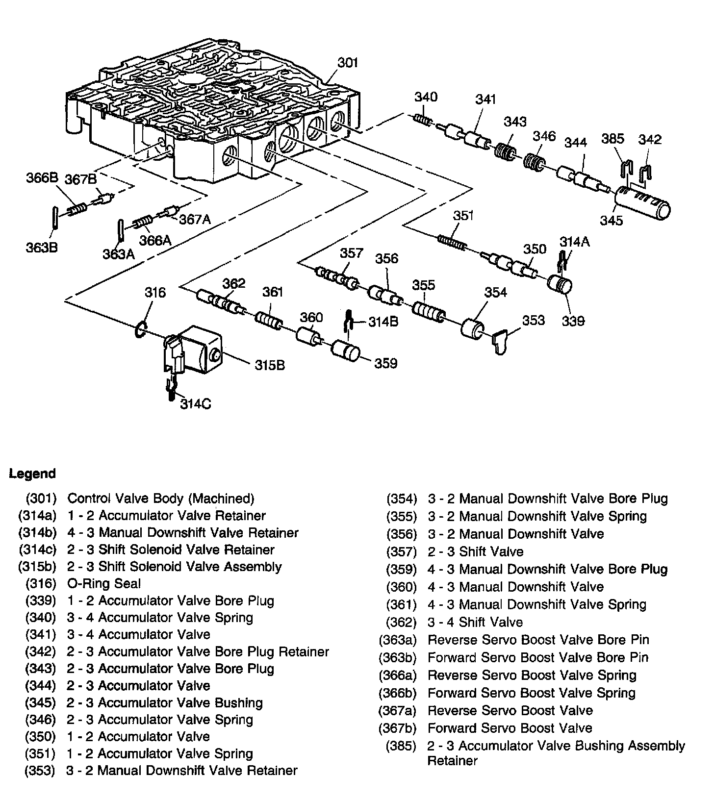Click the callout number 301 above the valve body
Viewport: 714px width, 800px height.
[348, 63]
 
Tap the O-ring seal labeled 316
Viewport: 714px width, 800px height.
[140, 329]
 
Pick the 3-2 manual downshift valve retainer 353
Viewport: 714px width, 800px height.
[501, 341]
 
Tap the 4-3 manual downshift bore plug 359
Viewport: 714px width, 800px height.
[345, 351]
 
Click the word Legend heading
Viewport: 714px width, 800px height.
[32, 474]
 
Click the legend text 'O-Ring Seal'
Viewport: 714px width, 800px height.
[104, 583]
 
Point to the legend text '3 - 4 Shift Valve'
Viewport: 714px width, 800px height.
[475, 622]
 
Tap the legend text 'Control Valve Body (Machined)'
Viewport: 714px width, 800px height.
[161, 499]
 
